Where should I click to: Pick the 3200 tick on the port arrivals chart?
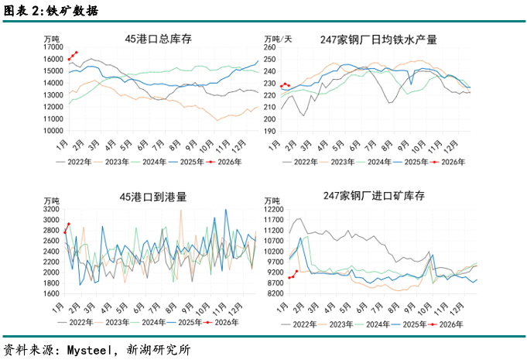(x=50, y=209)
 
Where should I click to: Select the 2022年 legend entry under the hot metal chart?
(x=306, y=162)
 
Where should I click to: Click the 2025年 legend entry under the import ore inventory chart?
(x=413, y=322)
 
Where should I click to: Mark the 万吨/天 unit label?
(x=278, y=38)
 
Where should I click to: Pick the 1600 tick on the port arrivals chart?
(x=50, y=293)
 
